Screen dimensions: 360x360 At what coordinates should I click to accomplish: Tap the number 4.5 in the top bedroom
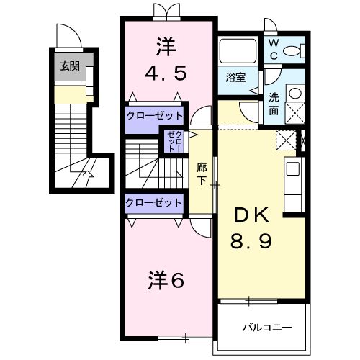(x=167, y=73)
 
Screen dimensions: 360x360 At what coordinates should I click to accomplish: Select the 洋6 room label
(x=166, y=279)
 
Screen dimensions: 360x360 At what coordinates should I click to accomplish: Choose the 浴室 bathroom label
(x=235, y=77)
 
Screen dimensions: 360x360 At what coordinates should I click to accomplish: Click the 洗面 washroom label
(x=274, y=104)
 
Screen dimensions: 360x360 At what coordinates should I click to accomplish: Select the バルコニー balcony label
(x=266, y=328)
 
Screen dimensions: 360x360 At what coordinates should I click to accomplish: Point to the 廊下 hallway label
(x=202, y=173)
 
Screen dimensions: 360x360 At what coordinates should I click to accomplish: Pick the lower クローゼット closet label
(x=154, y=203)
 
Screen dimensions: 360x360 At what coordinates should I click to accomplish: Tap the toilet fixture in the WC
(x=293, y=50)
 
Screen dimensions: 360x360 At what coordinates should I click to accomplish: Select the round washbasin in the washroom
(x=294, y=91)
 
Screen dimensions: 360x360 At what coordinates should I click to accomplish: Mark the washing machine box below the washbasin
(x=294, y=112)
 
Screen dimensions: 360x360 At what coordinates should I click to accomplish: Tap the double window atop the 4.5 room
(x=167, y=12)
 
